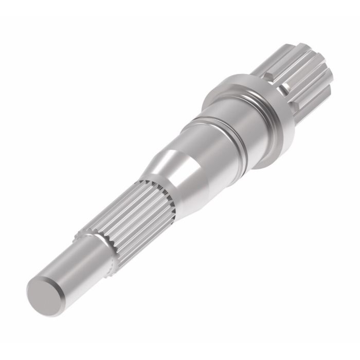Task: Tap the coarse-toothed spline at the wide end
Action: pos(303,72)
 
